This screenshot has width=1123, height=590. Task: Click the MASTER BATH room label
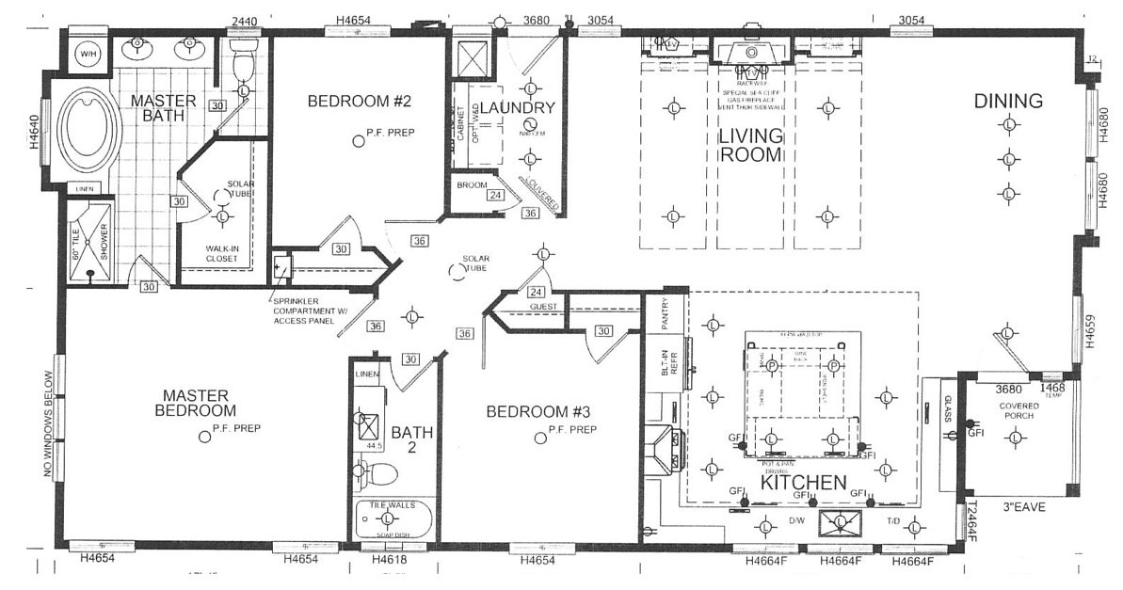(163, 108)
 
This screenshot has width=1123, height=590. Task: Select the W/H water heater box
(88, 55)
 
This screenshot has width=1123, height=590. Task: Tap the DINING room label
(1008, 101)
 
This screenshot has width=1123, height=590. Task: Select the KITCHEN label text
(803, 483)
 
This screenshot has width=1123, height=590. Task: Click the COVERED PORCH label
(1013, 410)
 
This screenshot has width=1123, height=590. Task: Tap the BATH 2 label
(411, 440)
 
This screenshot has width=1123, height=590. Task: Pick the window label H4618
(389, 560)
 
